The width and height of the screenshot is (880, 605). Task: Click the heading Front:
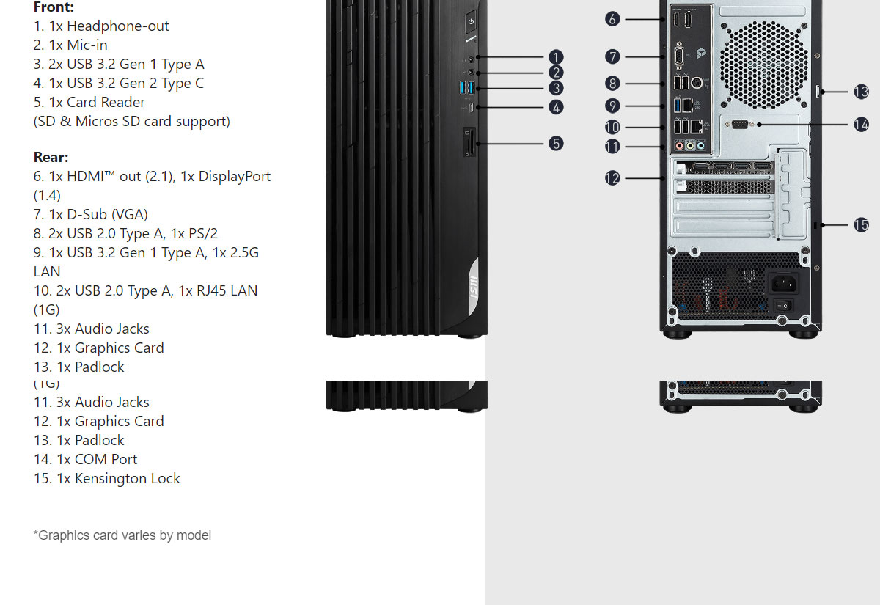(54, 7)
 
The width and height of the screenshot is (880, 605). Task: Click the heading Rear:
(51, 157)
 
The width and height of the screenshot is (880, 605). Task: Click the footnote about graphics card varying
(122, 535)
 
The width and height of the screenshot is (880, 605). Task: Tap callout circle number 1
(556, 56)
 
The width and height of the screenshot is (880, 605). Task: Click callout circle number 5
(556, 143)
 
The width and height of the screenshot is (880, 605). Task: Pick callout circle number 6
(613, 19)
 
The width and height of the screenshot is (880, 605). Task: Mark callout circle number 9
(613, 106)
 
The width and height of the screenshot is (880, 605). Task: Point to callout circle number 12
(613, 177)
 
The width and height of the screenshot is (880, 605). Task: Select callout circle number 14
(861, 125)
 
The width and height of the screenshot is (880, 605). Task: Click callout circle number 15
(861, 224)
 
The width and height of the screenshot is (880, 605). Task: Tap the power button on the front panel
(471, 21)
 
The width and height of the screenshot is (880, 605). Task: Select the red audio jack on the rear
(680, 146)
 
